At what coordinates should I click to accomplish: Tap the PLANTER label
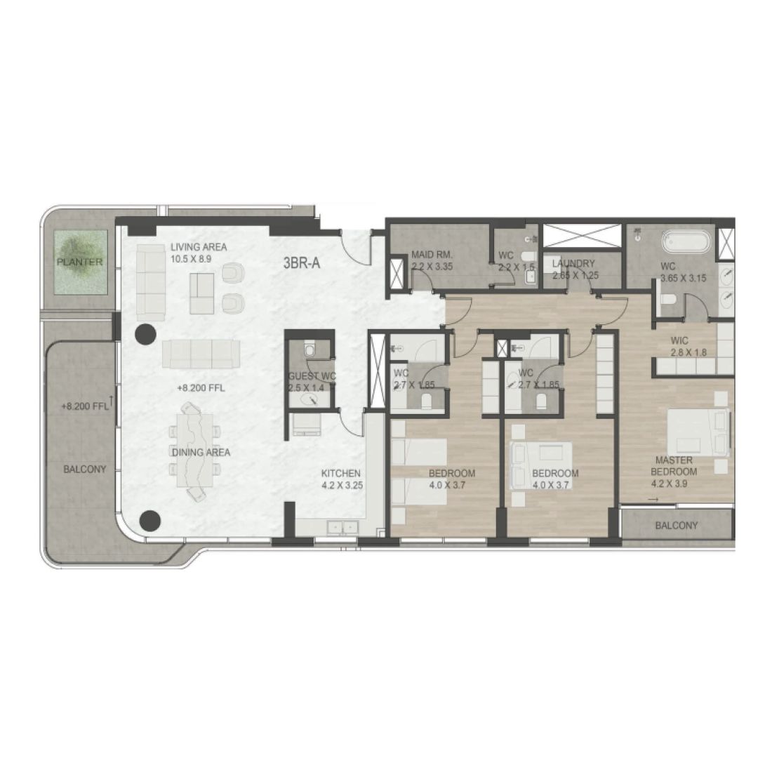click(x=80, y=262)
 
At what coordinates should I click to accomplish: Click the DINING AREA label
click(x=201, y=453)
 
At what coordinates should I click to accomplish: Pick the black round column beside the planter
click(x=145, y=334)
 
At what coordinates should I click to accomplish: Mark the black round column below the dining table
click(x=150, y=520)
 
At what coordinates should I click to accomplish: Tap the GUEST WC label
click(x=312, y=376)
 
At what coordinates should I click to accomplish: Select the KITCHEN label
click(x=341, y=473)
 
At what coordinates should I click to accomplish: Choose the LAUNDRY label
click(x=574, y=264)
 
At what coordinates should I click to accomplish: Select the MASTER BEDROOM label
click(x=674, y=466)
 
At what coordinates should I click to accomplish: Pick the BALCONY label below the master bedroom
click(x=676, y=525)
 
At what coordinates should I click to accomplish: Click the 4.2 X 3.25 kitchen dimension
click(x=341, y=484)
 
